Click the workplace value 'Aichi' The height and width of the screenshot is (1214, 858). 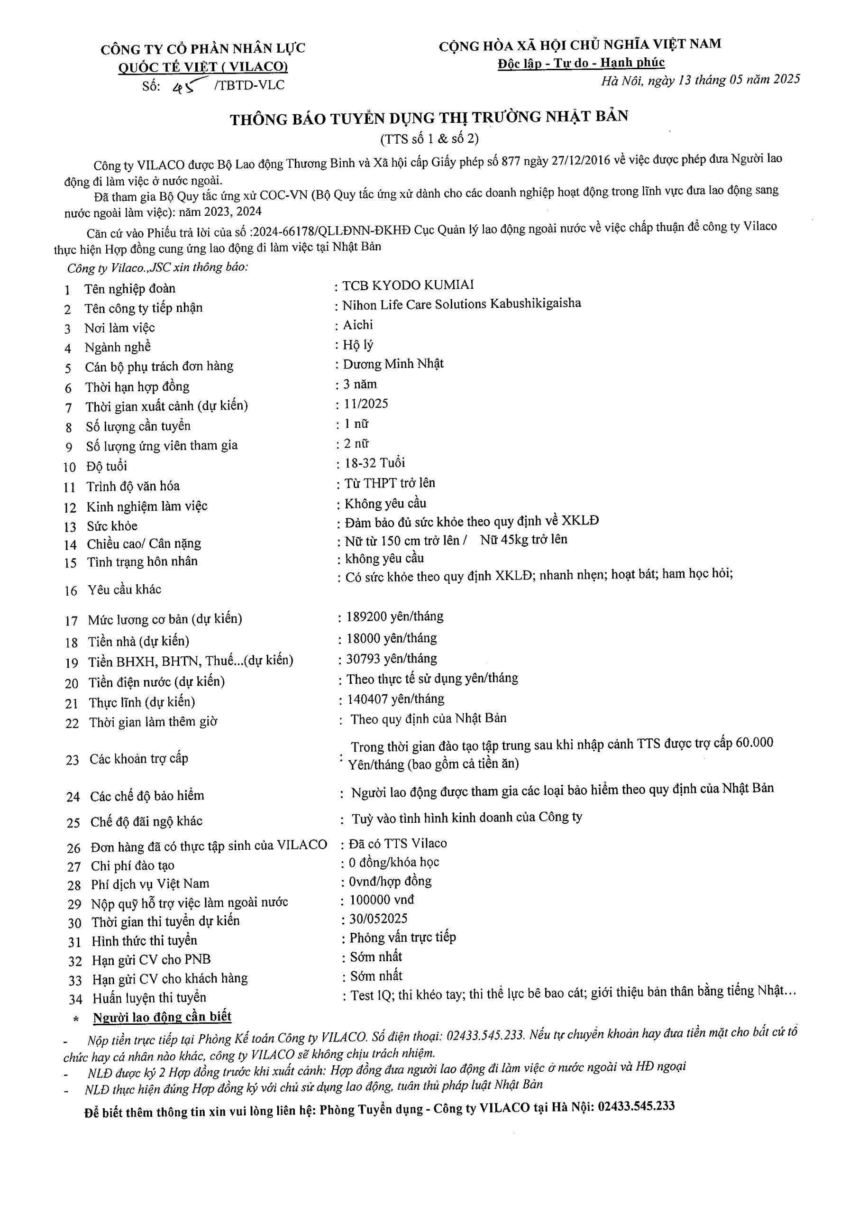point(358,325)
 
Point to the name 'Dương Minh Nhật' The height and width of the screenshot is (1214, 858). point(393,364)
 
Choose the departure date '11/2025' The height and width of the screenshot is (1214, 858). point(366,404)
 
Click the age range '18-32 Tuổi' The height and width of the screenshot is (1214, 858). point(375,463)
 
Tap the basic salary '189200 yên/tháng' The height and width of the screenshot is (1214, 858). point(395,616)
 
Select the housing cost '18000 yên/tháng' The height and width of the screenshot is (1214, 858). point(392,638)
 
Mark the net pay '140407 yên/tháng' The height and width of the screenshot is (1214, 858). point(395,699)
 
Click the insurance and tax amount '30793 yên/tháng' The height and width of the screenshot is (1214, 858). point(392,659)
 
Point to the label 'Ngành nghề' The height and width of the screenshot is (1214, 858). point(118,348)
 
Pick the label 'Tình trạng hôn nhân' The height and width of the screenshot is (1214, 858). point(142,561)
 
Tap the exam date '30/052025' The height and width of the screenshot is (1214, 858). point(378,919)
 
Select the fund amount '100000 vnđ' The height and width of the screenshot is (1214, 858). point(382,900)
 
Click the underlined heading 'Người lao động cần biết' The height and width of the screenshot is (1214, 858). point(162,1017)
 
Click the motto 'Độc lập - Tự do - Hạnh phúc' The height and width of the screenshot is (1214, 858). point(581,63)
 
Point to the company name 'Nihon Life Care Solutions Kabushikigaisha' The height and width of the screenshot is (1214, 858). point(462,304)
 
